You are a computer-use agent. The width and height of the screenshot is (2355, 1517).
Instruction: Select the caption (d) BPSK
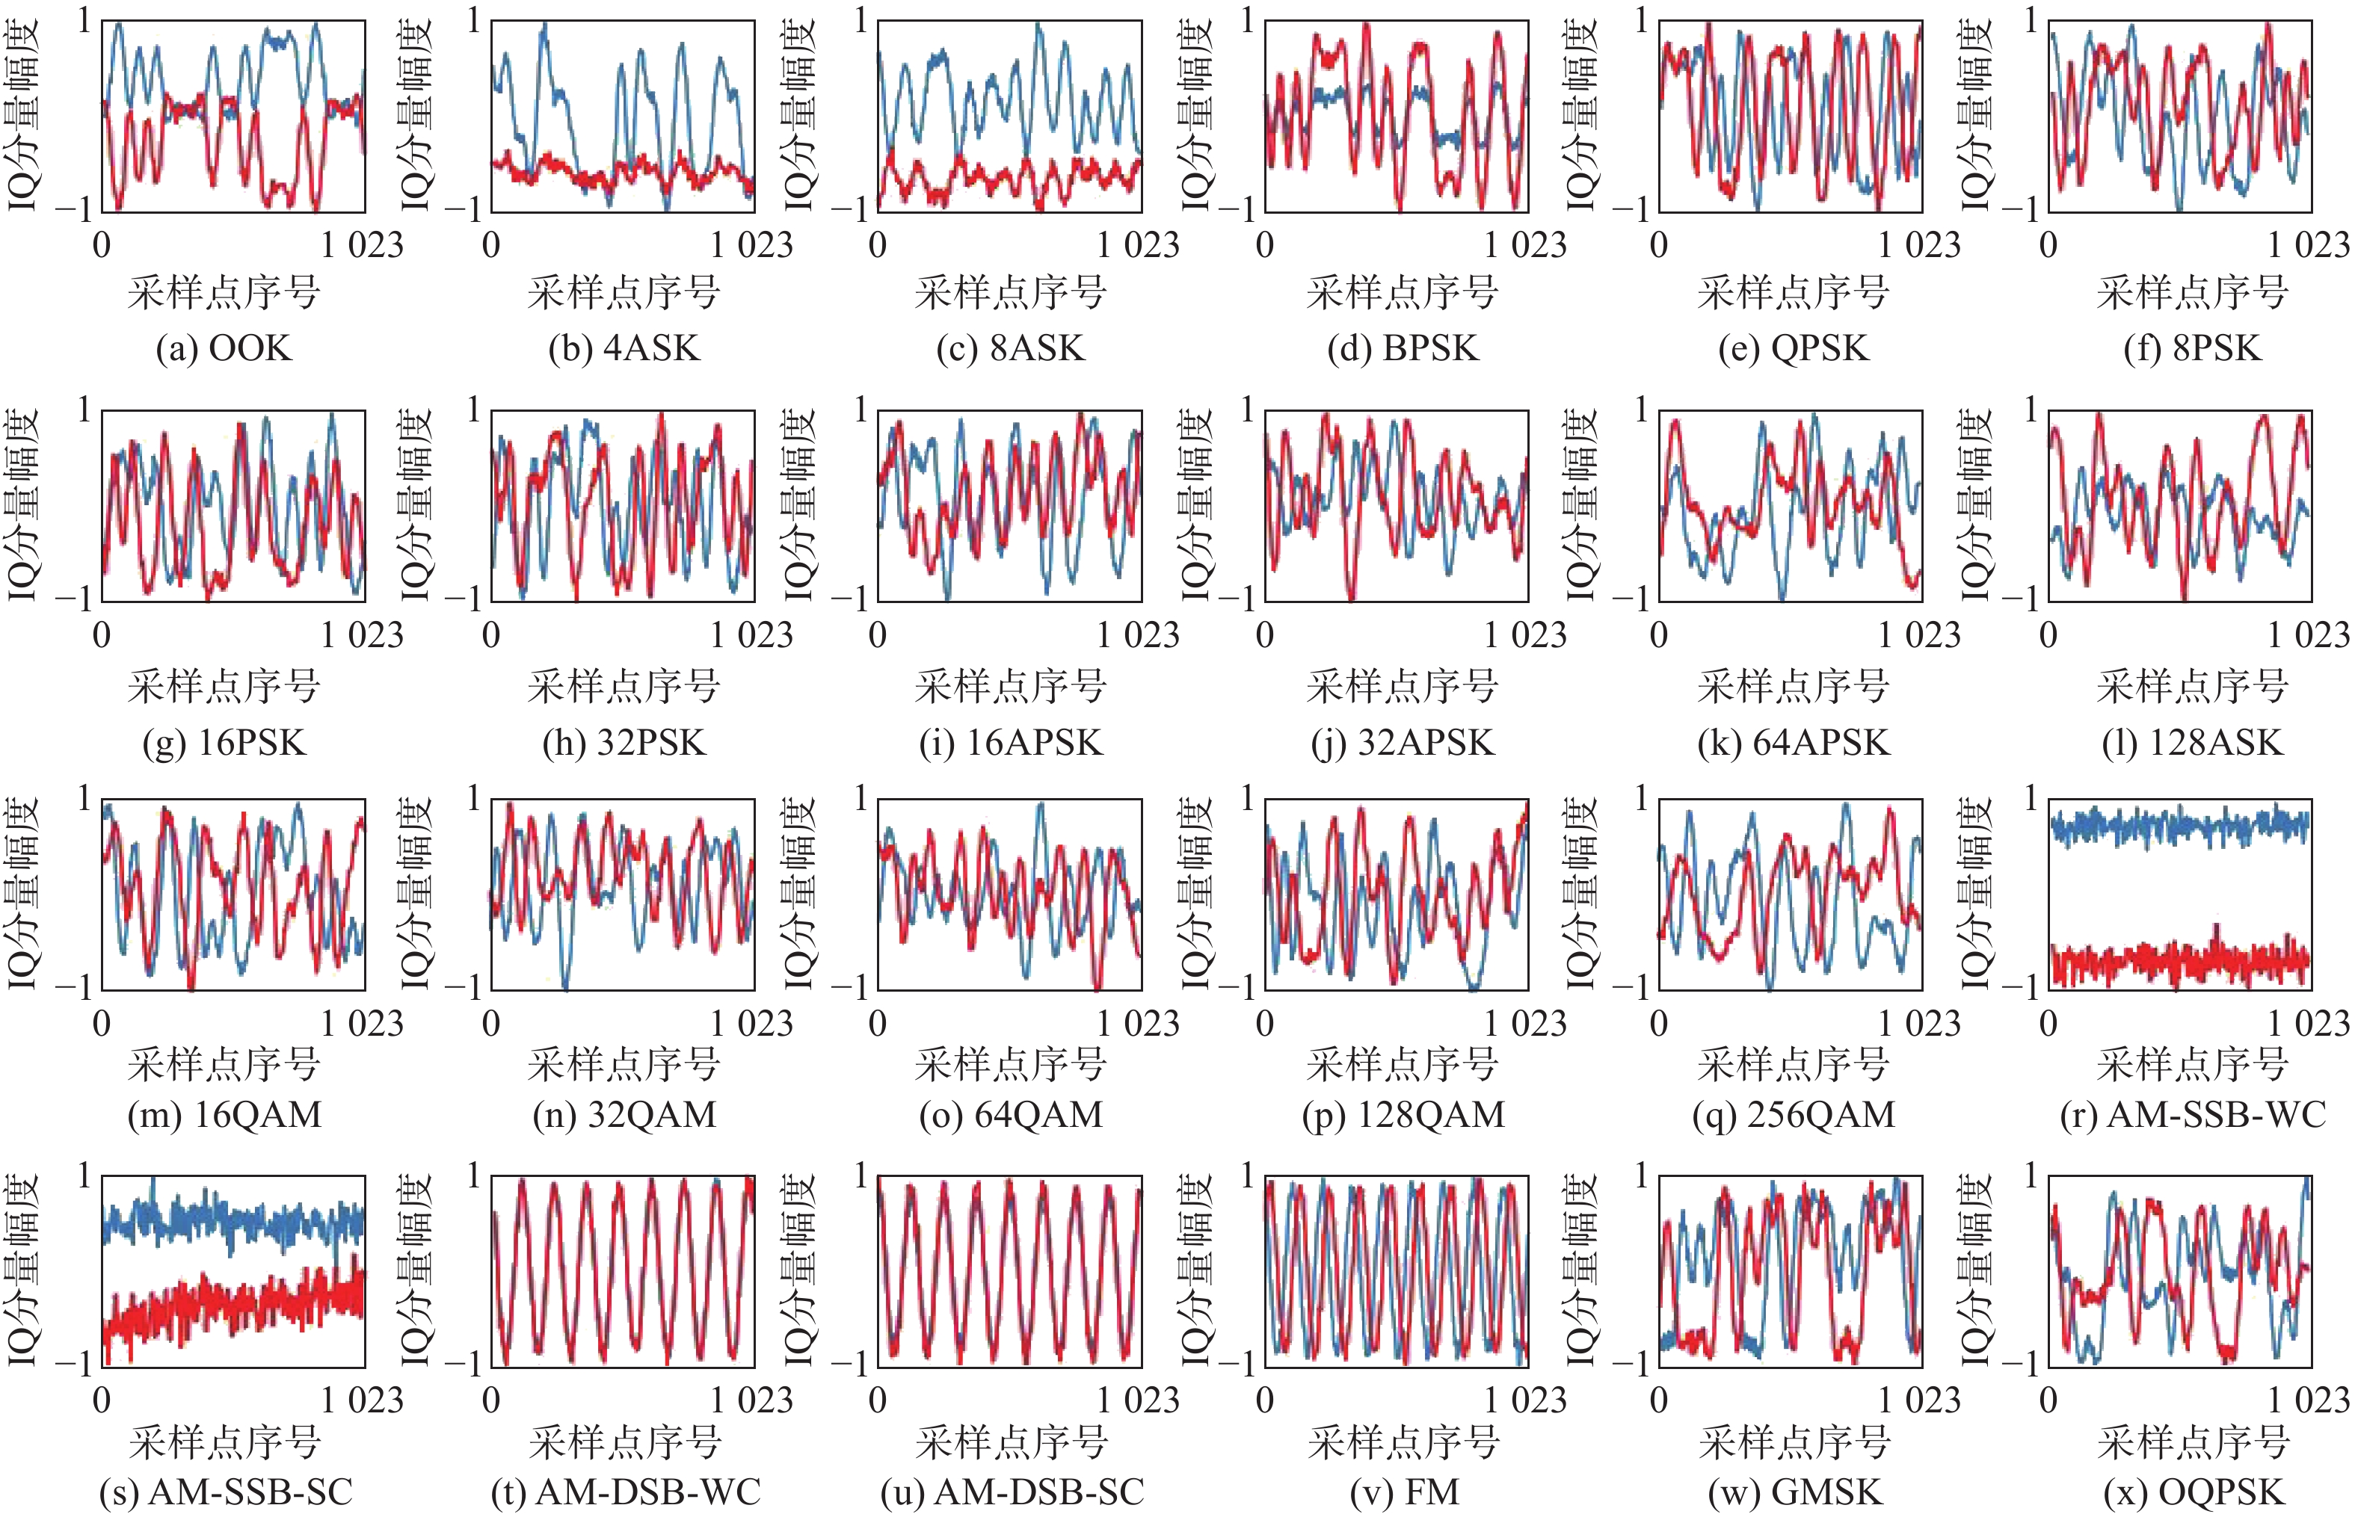point(1403,349)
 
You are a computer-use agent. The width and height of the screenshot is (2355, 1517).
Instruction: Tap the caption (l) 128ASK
point(2191,743)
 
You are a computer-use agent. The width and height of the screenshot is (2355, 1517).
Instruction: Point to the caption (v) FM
point(1404,1492)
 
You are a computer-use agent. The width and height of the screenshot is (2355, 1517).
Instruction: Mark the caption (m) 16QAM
point(225,1114)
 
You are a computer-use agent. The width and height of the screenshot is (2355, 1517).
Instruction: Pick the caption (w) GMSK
point(1794,1492)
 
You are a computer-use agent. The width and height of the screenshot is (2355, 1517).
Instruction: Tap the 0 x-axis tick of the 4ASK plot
point(490,244)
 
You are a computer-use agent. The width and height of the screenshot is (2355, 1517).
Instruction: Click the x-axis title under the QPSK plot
point(1794,293)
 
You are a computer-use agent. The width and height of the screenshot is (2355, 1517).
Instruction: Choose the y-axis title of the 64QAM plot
point(800,894)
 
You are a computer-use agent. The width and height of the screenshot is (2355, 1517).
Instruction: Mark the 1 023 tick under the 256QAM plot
point(1918,1024)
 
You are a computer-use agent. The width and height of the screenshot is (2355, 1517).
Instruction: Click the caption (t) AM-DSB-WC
point(625,1492)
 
